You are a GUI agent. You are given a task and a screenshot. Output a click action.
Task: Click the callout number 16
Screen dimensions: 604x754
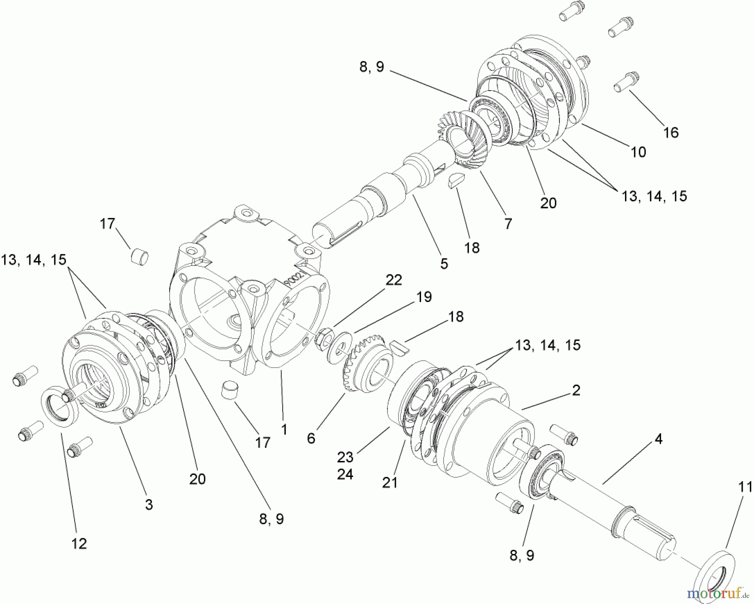(671, 133)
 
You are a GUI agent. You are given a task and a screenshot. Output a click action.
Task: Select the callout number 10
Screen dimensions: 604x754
(638, 152)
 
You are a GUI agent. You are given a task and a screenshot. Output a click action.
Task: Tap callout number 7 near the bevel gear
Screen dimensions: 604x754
(508, 224)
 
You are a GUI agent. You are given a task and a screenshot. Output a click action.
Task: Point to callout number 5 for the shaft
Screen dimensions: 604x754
(444, 263)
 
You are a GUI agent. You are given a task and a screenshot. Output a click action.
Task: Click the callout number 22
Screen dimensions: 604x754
(393, 280)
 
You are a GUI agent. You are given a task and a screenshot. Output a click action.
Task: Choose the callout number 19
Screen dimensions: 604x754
(423, 297)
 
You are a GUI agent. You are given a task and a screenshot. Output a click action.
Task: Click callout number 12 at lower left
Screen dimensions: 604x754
(79, 544)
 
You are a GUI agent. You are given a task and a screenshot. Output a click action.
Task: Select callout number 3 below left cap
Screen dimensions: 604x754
(149, 504)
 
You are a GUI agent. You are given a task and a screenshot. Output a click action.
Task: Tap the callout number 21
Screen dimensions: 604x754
(390, 483)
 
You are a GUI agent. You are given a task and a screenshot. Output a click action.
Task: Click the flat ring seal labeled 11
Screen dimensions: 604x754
(712, 578)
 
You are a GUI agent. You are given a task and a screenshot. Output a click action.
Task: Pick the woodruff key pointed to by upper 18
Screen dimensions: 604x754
(454, 182)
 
